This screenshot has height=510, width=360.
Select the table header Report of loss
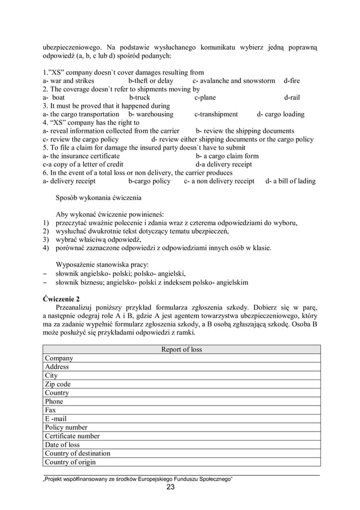point(181,350)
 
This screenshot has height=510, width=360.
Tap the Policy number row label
point(66,428)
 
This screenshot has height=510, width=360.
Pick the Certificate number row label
point(72,436)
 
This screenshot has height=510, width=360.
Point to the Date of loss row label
point(63,444)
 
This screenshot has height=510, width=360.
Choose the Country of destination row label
point(78,453)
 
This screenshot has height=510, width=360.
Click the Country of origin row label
point(71,462)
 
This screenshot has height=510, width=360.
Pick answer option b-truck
point(139,97)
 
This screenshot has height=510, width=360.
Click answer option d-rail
point(292,97)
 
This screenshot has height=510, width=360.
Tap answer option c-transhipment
point(216,114)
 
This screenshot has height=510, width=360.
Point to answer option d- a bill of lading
point(290,181)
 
